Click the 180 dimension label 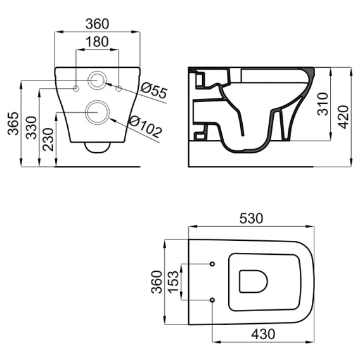(x=97, y=42)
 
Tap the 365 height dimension (x=13, y=124)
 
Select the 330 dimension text (x=31, y=128)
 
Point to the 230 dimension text (x=48, y=139)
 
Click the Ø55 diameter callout (x=153, y=90)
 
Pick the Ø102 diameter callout (x=145, y=127)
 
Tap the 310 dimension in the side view (x=323, y=104)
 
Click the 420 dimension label (x=344, y=117)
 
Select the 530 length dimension (x=251, y=218)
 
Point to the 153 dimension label (x=173, y=282)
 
